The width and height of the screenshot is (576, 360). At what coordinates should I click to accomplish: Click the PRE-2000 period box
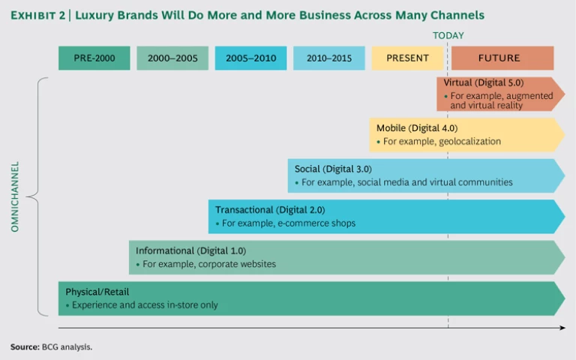[94, 58]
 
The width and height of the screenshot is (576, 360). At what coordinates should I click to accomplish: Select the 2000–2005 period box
[172, 58]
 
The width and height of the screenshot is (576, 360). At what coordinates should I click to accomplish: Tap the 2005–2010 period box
[250, 58]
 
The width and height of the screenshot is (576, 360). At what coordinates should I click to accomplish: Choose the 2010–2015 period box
[329, 58]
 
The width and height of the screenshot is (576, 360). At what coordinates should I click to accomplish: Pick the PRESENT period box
[407, 58]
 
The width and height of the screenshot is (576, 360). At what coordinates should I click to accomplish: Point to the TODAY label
[448, 35]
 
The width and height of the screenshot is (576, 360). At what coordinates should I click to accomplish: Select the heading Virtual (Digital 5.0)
[484, 83]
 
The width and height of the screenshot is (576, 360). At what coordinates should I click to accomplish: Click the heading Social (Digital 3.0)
[333, 169]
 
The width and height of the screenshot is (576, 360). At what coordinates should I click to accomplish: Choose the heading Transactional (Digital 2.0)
[270, 210]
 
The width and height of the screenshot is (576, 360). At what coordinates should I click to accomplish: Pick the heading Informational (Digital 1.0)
[190, 250]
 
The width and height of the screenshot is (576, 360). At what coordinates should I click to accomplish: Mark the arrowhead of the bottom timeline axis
[563, 328]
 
